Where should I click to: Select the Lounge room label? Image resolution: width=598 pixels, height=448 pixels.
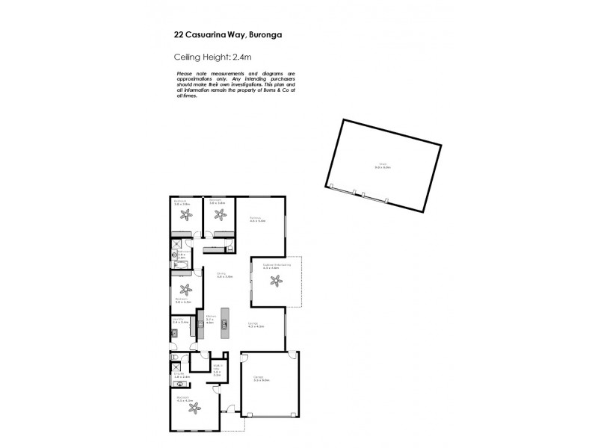click(x=256, y=324)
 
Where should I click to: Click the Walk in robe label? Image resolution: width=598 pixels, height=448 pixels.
click(x=216, y=369)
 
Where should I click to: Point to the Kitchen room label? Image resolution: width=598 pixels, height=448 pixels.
click(x=211, y=319)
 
